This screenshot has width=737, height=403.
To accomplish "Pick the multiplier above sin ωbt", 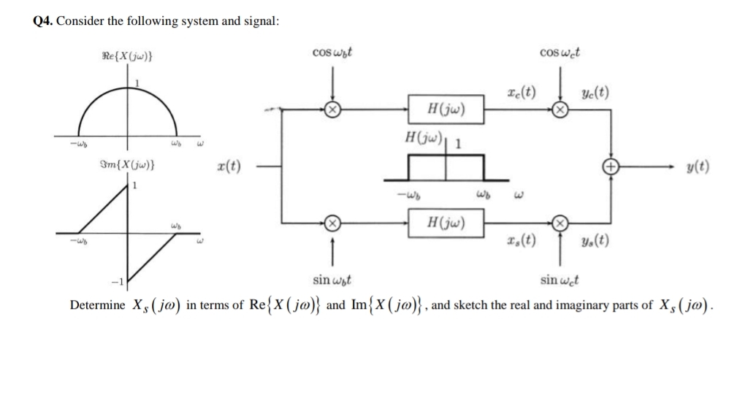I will point(332,222).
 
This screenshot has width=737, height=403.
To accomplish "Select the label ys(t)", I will point(595,242).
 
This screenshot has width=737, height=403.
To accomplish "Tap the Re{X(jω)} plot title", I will point(127,55).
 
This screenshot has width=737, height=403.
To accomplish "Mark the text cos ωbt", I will point(333,53).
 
